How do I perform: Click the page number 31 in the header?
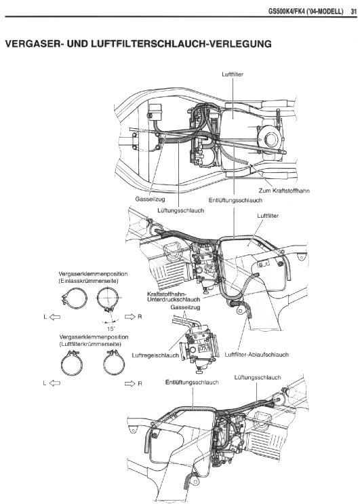click(x=354, y=12)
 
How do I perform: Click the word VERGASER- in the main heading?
click(x=34, y=43)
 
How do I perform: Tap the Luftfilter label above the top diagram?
click(x=232, y=74)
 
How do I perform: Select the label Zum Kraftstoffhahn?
click(x=284, y=191)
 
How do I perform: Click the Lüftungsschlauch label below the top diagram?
click(x=180, y=210)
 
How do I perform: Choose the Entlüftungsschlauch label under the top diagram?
click(x=235, y=200)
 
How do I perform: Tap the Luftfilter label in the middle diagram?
click(x=268, y=216)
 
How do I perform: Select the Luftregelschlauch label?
click(x=155, y=355)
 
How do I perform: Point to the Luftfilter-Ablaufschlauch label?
click(x=256, y=355)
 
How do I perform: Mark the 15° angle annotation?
click(x=111, y=329)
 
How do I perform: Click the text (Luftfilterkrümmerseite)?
click(x=90, y=344)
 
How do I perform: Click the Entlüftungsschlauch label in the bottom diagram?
click(x=192, y=383)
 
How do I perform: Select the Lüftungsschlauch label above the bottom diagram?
click(x=257, y=377)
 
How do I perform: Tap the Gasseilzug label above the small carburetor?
click(x=185, y=307)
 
